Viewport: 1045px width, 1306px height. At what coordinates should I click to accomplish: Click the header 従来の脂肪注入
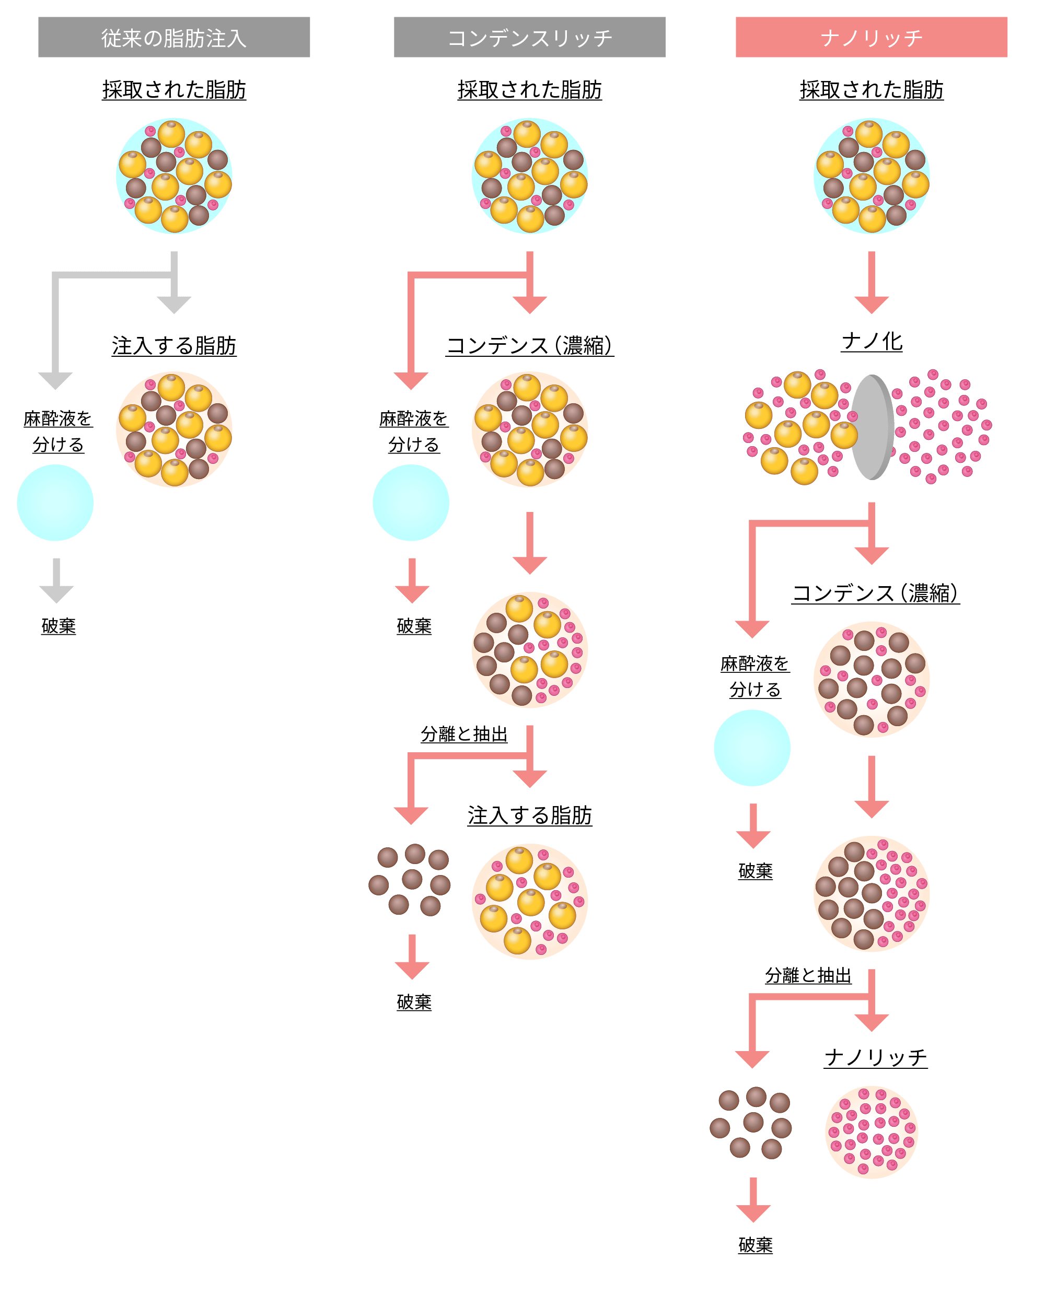174,38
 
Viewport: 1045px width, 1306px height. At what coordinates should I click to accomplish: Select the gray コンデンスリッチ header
529,38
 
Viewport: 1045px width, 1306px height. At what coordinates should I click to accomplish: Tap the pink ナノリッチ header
871,38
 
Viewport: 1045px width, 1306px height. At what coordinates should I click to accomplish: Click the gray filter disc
873,427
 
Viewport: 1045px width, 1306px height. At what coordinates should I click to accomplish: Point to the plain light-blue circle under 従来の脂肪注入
55,503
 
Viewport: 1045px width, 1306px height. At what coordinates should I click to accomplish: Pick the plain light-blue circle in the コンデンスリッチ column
411,503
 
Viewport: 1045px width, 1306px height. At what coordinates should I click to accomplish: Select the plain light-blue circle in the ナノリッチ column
752,748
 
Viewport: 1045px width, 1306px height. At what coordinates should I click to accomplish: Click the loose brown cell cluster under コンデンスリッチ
410,880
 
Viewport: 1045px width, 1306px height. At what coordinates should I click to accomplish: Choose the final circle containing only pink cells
871,1132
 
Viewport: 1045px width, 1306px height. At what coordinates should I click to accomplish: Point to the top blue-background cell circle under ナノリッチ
871,176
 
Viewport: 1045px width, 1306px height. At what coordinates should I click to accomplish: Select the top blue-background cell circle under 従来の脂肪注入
174,176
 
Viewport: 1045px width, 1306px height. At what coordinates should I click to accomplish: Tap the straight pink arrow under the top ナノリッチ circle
871,282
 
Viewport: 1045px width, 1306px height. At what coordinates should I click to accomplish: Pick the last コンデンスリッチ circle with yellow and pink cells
529,901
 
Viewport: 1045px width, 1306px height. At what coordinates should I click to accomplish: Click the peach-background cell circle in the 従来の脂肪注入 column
174,429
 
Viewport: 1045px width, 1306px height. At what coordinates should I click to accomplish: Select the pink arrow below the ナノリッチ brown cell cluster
753,1199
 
